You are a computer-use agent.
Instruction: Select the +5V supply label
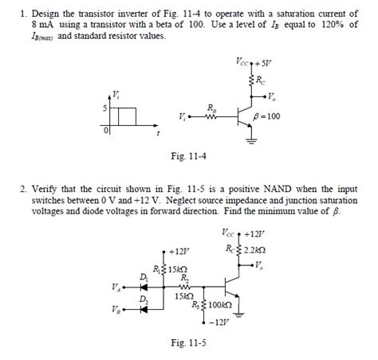[263, 62]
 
